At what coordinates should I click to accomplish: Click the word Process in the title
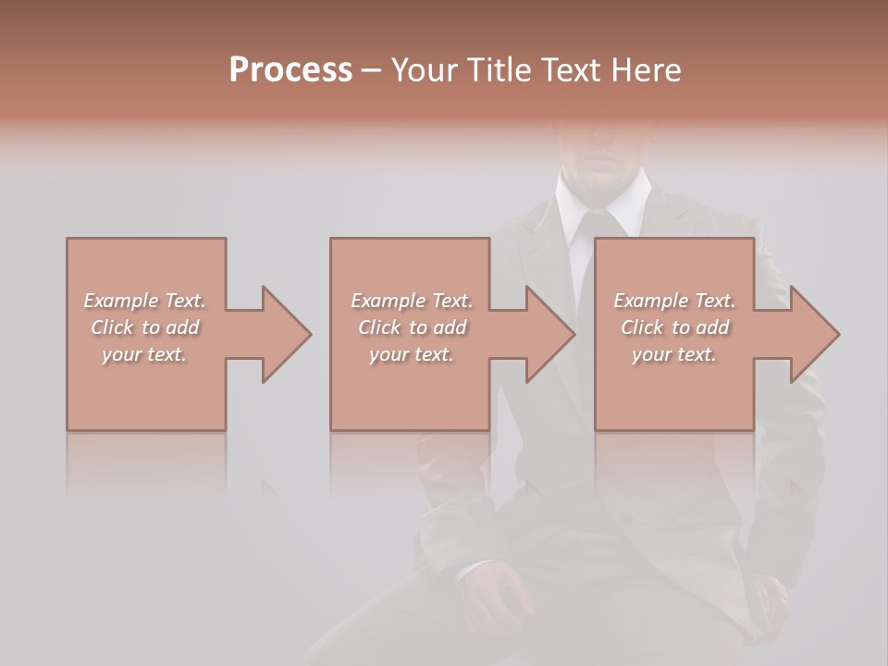click(290, 70)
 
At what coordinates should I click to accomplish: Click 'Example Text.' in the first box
click(144, 301)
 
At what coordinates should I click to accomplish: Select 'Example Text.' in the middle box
click(411, 301)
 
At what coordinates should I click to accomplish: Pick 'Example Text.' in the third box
click(674, 301)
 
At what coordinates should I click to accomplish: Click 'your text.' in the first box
click(144, 354)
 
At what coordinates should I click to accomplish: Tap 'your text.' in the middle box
click(411, 354)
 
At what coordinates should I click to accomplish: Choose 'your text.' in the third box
click(674, 354)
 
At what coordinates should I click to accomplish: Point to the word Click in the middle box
click(379, 327)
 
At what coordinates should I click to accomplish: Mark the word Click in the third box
click(642, 327)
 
